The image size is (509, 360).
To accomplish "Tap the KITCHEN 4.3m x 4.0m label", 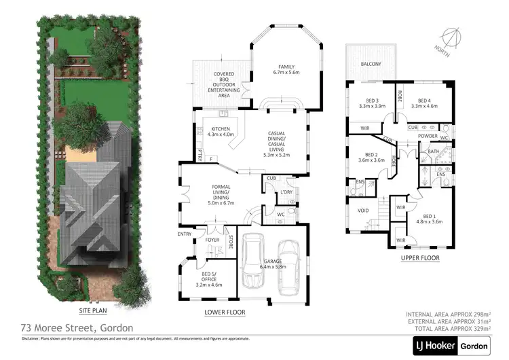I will [x=223, y=132].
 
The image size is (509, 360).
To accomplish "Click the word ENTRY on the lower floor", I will [x=184, y=234].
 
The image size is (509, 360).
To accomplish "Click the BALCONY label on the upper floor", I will [x=371, y=64].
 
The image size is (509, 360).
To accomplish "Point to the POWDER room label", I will [x=428, y=136].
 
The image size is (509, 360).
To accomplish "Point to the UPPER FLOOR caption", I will [x=420, y=258].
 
